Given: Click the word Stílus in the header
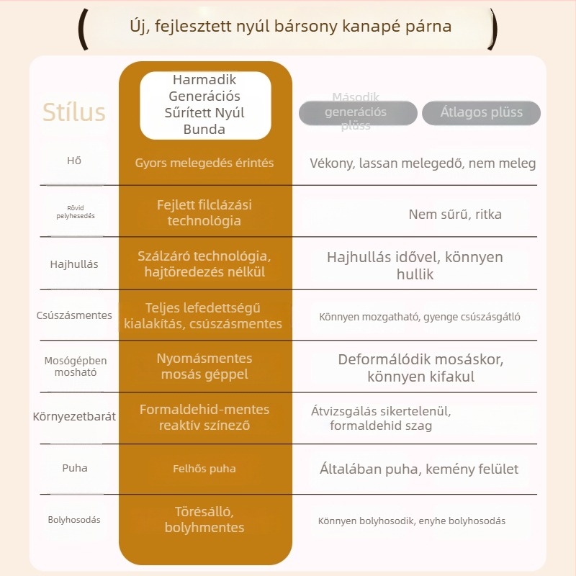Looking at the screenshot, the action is [x=74, y=112].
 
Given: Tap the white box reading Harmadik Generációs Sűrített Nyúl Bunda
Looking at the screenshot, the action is [x=205, y=105].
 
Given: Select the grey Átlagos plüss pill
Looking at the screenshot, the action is [x=481, y=113].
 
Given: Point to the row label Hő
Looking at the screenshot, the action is [x=74, y=161].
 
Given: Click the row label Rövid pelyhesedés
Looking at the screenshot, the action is [x=76, y=212].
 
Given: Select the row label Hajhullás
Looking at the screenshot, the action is [x=74, y=264].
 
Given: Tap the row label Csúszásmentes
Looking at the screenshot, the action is [x=74, y=315].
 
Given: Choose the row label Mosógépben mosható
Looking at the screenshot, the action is [x=76, y=366].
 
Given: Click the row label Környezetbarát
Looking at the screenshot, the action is [x=74, y=416].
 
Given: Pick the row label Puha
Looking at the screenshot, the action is [x=75, y=468].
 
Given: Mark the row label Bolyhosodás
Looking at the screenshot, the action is [x=74, y=520].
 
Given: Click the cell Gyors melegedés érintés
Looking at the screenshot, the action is [x=204, y=163].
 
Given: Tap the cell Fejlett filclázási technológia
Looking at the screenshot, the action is [x=204, y=212].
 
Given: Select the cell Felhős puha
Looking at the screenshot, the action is [x=204, y=469].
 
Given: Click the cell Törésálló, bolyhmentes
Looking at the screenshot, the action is [x=204, y=519].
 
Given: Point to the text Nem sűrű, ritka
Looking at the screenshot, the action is [x=455, y=214].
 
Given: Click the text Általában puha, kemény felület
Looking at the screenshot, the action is [x=419, y=469].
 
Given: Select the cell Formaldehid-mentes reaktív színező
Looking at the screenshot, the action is [x=204, y=418].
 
